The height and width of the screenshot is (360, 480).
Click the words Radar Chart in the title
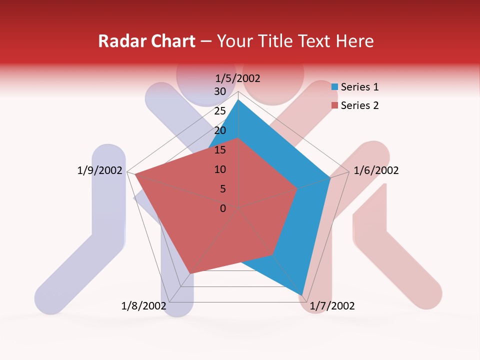point(146,41)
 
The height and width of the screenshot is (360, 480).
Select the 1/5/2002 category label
point(238,78)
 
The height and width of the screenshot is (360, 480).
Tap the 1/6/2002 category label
point(376,170)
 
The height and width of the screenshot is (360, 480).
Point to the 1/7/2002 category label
point(332,306)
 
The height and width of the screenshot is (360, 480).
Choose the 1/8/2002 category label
point(144,306)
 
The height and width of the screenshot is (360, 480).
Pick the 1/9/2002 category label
point(100,170)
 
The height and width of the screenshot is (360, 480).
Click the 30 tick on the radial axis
point(220,91)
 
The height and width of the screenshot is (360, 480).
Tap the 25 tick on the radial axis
point(220,111)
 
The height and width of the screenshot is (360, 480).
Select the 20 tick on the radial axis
point(220,130)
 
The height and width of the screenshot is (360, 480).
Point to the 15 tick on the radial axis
point(220,150)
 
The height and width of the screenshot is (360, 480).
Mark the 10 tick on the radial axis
point(220,169)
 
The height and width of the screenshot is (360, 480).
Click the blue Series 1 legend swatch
point(334,87)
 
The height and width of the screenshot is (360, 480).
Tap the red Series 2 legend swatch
point(334,105)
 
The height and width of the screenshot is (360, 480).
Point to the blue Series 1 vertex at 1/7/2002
point(302,295)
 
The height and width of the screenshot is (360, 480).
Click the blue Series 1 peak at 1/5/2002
point(238,99)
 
